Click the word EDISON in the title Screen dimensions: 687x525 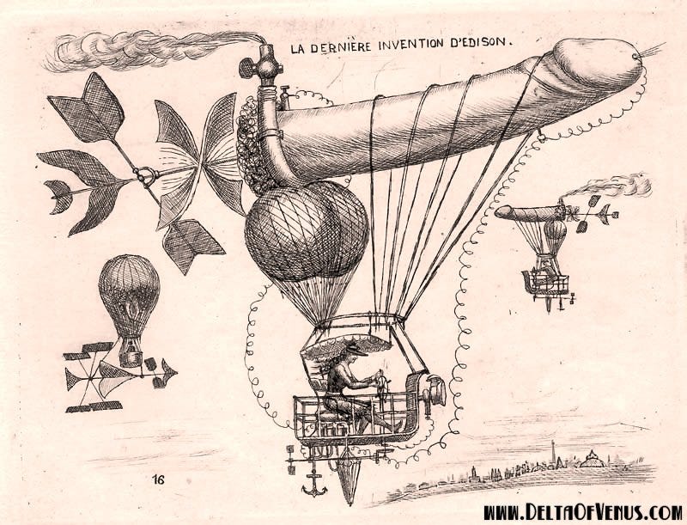coord(477,40)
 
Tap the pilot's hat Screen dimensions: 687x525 coord(354,349)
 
